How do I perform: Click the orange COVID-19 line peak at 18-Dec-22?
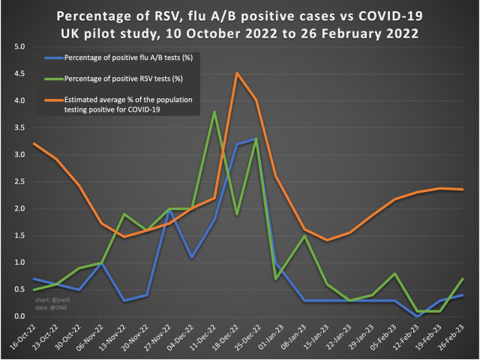tap(237, 73)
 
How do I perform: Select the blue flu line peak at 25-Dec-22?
tap(257, 138)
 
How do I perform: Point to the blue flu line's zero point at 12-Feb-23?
tap(417, 316)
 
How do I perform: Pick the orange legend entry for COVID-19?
tap(127, 100)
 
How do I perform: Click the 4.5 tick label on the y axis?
tap(19, 73)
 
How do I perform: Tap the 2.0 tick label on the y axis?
tap(19, 208)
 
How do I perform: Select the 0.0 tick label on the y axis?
tap(19, 316)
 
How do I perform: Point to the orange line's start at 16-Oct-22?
tap(34, 143)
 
